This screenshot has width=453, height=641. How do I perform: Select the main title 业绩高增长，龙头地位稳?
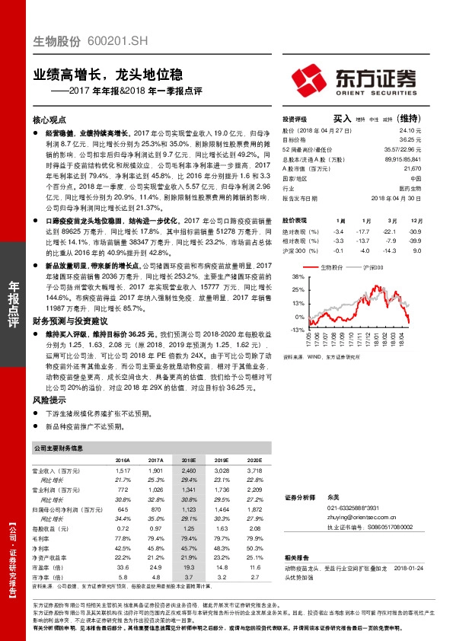point(107,75)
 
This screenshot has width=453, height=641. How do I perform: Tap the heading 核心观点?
point(50,120)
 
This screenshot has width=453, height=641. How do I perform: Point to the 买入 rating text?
point(342,119)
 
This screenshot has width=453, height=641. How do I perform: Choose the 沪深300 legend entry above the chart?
point(372,268)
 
